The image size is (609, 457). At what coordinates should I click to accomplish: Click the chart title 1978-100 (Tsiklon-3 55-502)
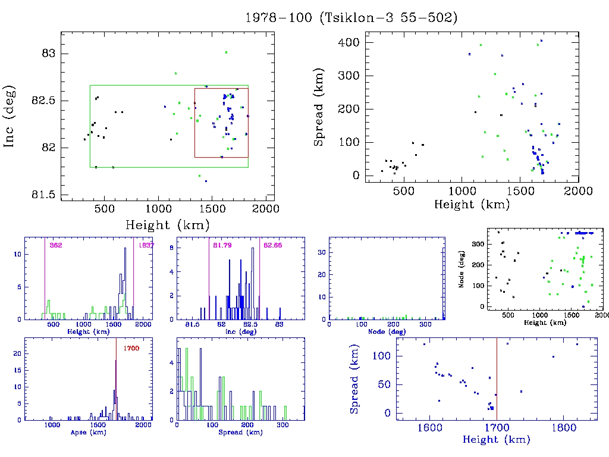351,18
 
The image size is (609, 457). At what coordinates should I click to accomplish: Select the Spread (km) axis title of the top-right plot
319,115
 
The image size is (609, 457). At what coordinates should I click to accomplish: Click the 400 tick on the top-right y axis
349,42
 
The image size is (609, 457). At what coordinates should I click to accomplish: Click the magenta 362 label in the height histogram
56,245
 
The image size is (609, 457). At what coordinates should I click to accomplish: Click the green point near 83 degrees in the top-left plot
226,52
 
